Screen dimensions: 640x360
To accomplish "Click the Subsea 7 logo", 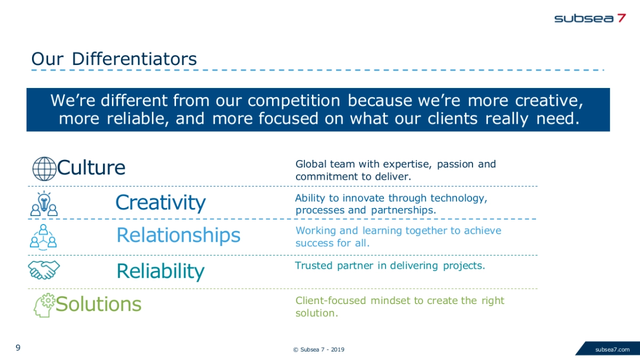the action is (x=590, y=18).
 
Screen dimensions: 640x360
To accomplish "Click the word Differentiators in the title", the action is (x=134, y=59).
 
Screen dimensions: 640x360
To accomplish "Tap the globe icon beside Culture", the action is (x=44, y=169).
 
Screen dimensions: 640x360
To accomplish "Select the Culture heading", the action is (x=91, y=167).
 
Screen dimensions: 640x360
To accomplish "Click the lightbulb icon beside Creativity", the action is (x=44, y=203).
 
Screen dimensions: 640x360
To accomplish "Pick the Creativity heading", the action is (x=161, y=203).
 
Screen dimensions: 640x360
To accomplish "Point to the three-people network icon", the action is (x=43, y=237).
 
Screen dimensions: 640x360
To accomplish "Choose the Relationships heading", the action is (x=179, y=235).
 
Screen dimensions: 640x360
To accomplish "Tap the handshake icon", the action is (x=44, y=270).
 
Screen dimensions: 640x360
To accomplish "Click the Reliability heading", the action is (x=161, y=271).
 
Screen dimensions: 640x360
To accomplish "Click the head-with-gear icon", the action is (x=44, y=305).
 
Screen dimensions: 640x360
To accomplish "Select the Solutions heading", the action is (x=99, y=304).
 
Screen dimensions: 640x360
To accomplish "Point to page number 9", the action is (x=18, y=348).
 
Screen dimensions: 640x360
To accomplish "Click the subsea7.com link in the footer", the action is (x=612, y=349).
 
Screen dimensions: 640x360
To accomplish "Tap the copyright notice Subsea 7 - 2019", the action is (x=318, y=349).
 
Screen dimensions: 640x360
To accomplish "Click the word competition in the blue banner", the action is (x=294, y=101).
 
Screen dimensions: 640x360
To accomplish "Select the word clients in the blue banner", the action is (x=452, y=118).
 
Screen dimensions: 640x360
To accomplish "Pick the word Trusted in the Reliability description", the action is (x=314, y=266).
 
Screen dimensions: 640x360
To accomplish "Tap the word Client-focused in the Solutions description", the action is (x=331, y=301).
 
